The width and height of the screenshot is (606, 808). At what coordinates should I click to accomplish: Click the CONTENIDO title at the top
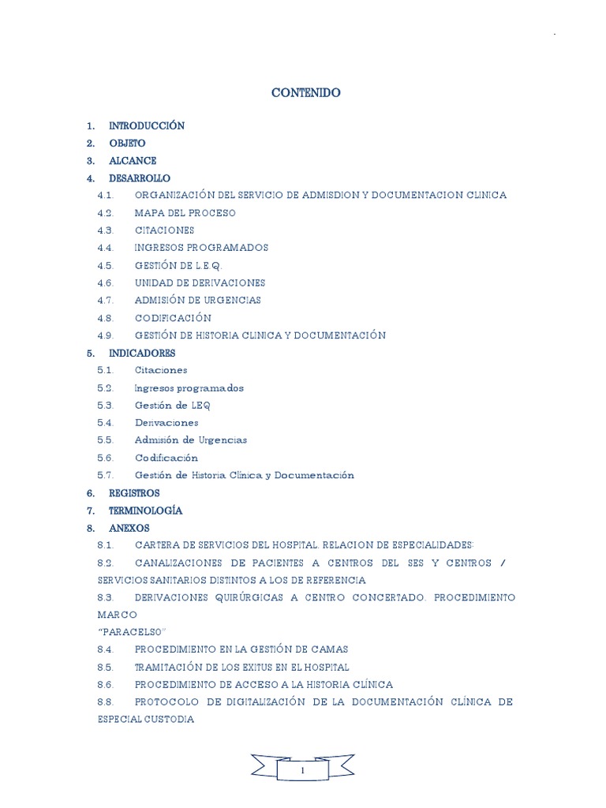306,93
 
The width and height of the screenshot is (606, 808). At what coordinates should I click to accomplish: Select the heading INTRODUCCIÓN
147,126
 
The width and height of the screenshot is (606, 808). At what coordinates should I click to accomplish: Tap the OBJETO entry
127,144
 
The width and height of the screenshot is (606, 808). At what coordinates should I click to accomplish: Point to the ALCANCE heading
133,161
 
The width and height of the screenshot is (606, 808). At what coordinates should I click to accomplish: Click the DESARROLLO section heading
140,178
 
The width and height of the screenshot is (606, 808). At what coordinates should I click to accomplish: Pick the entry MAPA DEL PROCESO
185,213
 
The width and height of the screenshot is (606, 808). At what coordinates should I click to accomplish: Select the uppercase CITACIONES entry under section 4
164,230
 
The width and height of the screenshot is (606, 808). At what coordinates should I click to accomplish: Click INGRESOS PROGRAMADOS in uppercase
201,248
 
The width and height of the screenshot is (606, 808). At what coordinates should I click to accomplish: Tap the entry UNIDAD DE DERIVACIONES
200,282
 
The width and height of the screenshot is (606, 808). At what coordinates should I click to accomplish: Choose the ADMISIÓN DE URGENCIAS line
197,301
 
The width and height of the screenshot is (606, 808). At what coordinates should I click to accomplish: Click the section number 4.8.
107,318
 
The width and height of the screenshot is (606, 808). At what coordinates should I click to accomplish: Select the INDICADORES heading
142,353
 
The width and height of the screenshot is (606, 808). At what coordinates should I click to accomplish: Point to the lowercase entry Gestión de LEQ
172,406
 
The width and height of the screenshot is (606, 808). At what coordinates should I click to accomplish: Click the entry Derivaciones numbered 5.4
166,423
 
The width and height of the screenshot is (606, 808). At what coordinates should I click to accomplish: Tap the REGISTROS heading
134,493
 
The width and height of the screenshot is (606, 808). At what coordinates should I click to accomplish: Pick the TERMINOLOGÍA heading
145,511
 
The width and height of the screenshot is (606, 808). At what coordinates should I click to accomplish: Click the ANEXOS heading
129,528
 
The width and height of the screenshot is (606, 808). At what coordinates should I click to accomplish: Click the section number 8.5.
107,668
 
